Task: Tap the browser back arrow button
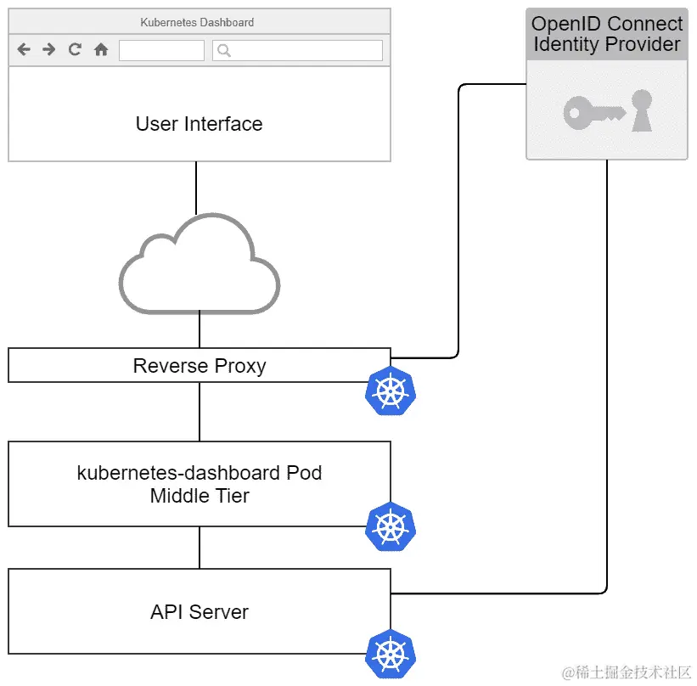coord(24,50)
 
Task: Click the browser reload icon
coord(75,50)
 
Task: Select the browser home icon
coord(101,50)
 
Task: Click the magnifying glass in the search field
coord(224,51)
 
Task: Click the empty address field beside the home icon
coord(161,51)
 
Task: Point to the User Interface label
coord(199,124)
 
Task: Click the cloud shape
coord(200,262)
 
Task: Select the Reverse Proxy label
coord(200,366)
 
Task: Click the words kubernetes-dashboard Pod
coord(200,473)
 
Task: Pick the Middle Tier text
coord(200,496)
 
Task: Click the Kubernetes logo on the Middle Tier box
coord(390,526)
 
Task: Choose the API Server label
coord(200,611)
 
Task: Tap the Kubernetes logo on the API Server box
coord(390,654)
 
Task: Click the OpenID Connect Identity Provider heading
coord(607,34)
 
